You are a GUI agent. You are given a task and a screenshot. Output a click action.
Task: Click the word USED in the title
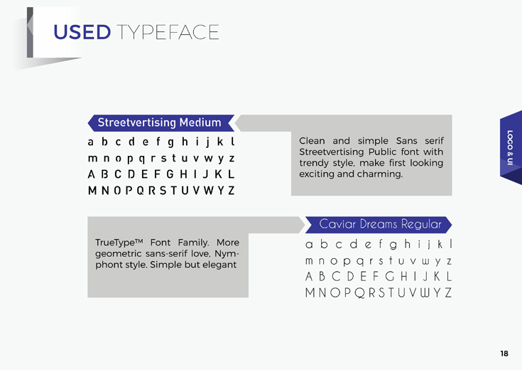tap(82, 32)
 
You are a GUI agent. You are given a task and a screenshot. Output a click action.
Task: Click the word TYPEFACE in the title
tap(168, 32)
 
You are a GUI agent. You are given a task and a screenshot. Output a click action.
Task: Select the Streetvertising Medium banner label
tap(160, 122)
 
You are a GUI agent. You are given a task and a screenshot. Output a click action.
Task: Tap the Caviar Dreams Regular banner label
tap(380, 224)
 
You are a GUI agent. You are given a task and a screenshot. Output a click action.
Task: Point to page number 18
tap(504, 354)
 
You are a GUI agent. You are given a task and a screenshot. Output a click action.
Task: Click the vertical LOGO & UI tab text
tap(510, 147)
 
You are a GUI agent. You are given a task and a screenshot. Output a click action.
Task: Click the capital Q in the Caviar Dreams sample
tap(359, 293)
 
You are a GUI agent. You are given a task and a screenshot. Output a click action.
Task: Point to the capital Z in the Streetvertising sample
tap(232, 191)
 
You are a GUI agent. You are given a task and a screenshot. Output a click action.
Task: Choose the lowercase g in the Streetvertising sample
tap(170, 143)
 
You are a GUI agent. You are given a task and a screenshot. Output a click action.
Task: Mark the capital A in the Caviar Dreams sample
tap(309, 277)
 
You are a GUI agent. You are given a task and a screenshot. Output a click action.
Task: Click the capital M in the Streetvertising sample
tap(92, 191)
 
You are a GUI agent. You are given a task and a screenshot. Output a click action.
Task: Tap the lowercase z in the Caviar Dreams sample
tap(449, 261)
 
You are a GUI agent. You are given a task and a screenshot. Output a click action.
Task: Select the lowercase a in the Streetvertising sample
tap(91, 142)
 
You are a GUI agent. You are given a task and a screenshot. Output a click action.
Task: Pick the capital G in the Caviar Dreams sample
tap(390, 277)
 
